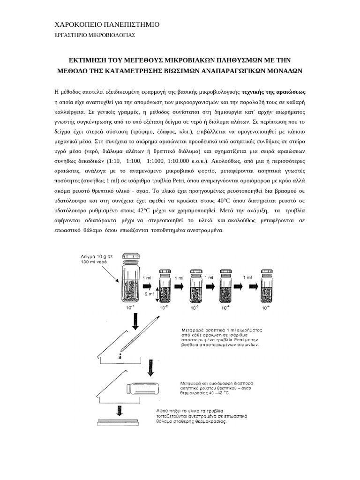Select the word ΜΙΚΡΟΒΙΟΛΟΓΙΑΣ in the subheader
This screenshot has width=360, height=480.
[108, 35]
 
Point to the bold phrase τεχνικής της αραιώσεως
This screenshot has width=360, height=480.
[274, 91]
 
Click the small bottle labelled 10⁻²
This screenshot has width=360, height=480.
[164, 286]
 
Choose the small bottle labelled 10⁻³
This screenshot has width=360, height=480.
[195, 286]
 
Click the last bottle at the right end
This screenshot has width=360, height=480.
[267, 286]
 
